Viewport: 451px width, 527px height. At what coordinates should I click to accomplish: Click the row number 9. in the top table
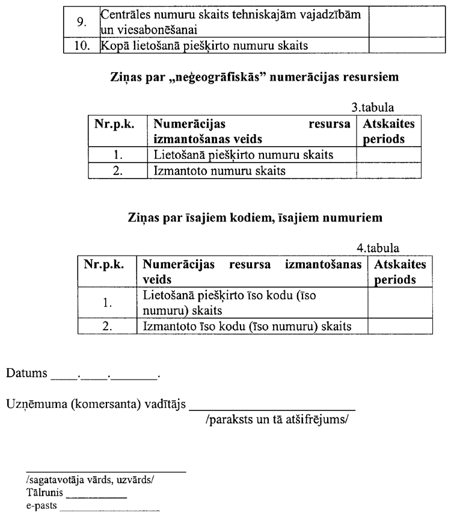[81, 23]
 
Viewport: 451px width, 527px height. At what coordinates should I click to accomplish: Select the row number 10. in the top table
[81, 46]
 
